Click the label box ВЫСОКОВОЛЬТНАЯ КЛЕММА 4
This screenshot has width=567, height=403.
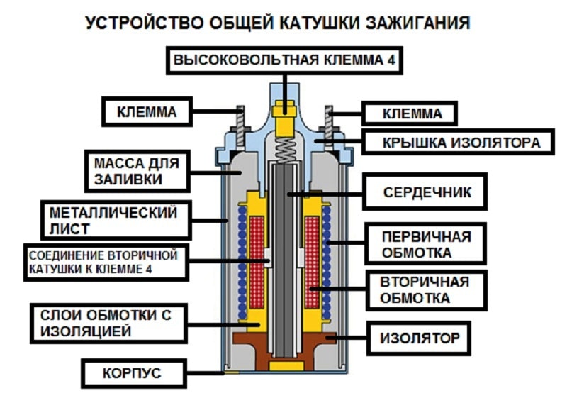pos(284,61)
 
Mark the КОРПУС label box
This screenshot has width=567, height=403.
pos(135,372)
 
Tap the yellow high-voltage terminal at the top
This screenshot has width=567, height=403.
pos(285,121)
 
